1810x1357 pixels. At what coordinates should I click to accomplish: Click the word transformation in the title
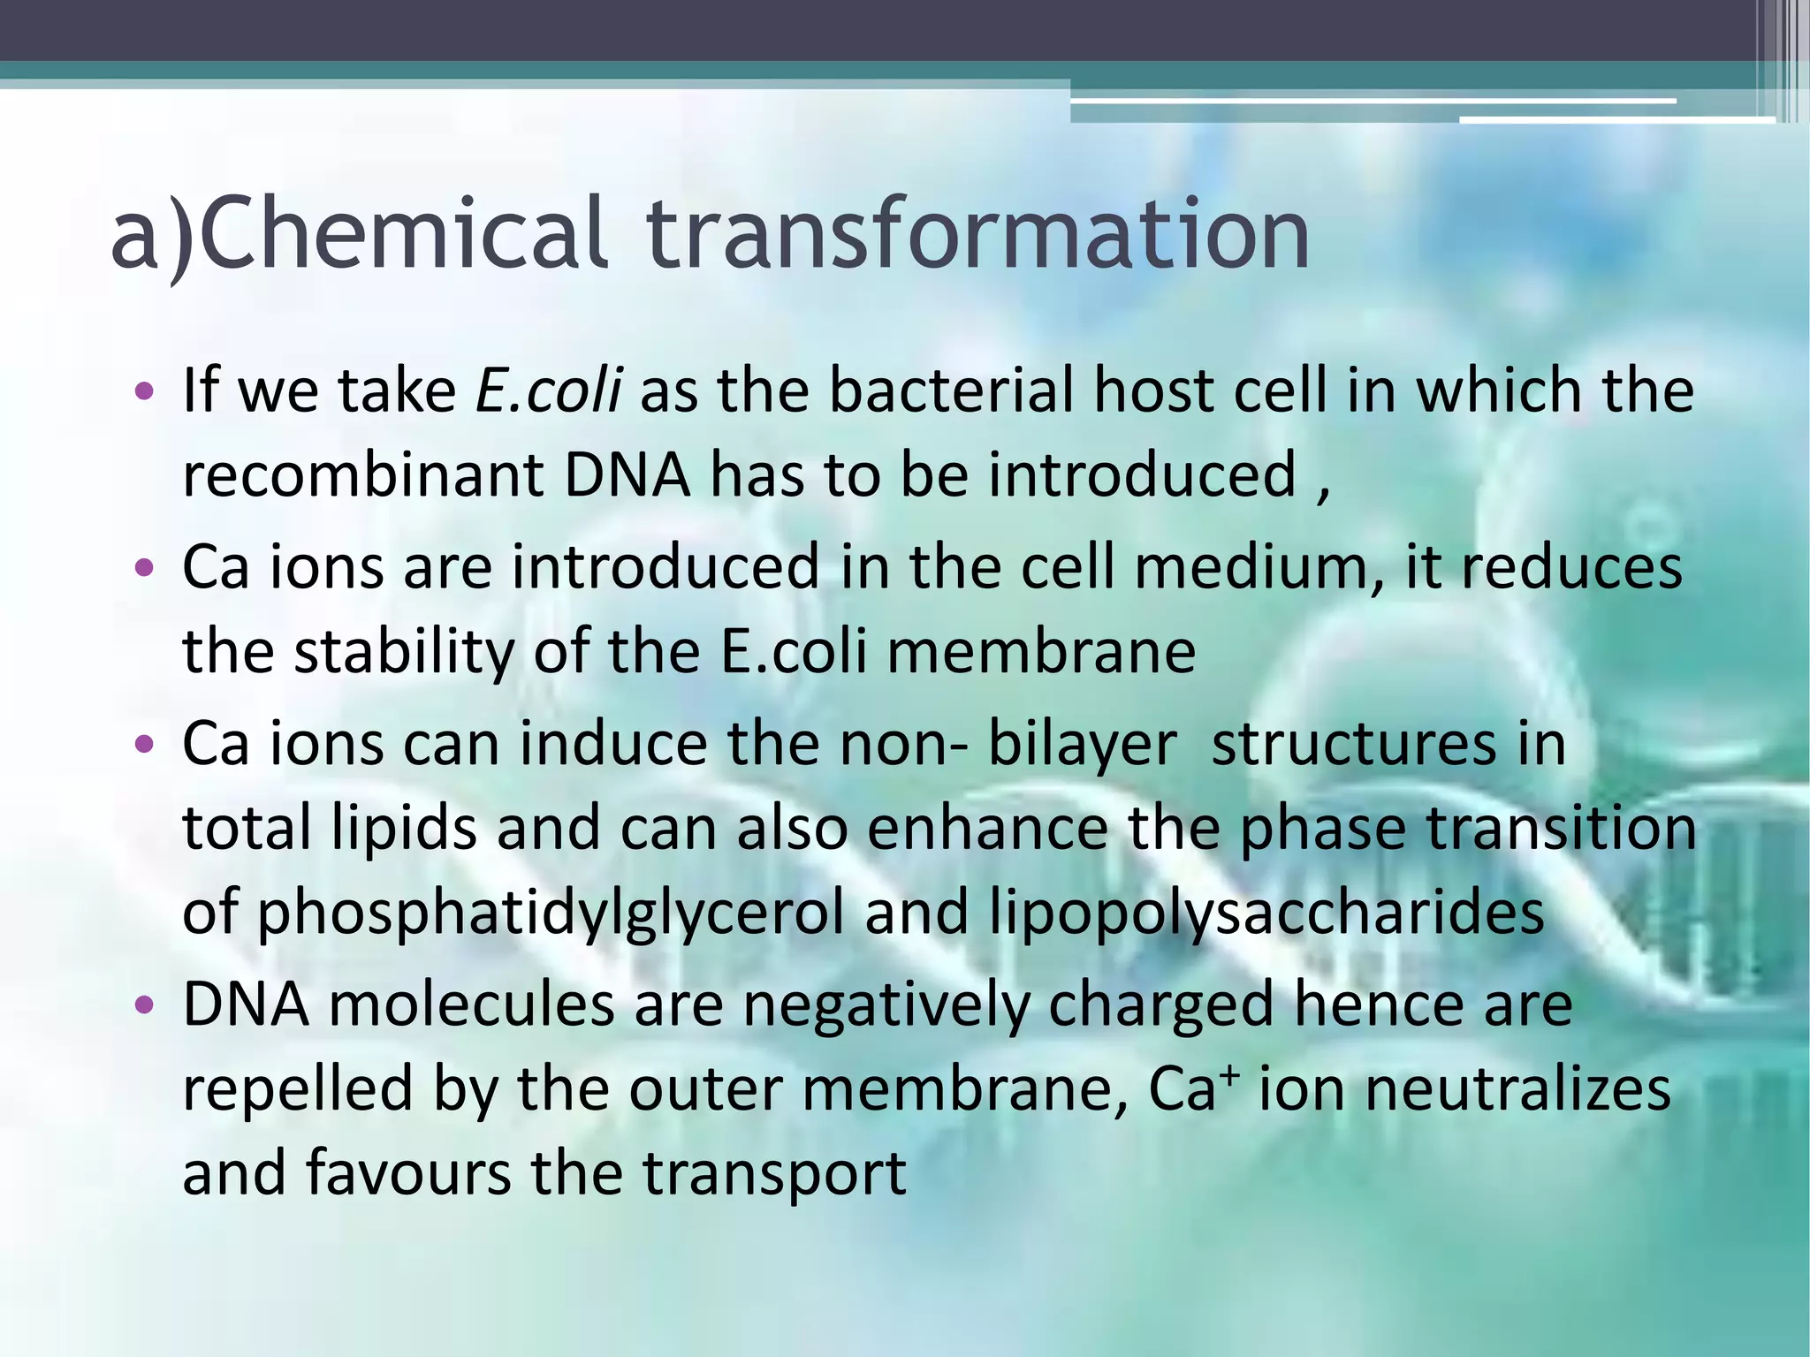977,234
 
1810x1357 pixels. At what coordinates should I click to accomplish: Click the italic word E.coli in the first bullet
548,390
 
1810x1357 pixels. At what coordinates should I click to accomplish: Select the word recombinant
362,475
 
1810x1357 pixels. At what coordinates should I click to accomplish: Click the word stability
403,652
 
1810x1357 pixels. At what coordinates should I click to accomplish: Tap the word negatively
886,1005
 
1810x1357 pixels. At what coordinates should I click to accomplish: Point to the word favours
408,1173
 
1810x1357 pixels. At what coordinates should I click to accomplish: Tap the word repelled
297,1089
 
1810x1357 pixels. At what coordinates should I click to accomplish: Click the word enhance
986,829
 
